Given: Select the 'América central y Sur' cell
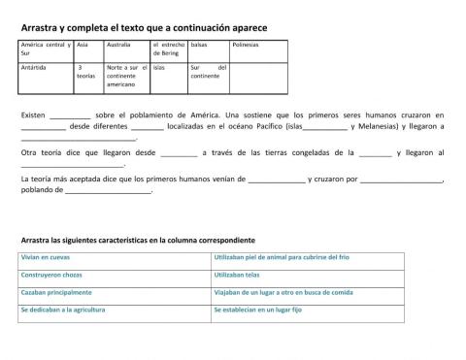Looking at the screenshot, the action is coord(44,49).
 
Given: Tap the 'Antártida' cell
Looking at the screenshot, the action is coord(35,67).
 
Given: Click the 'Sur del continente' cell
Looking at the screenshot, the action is coord(208,71).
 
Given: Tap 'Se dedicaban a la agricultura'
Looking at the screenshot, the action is coord(65,310).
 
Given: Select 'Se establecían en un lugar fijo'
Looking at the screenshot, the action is coord(256,310).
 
